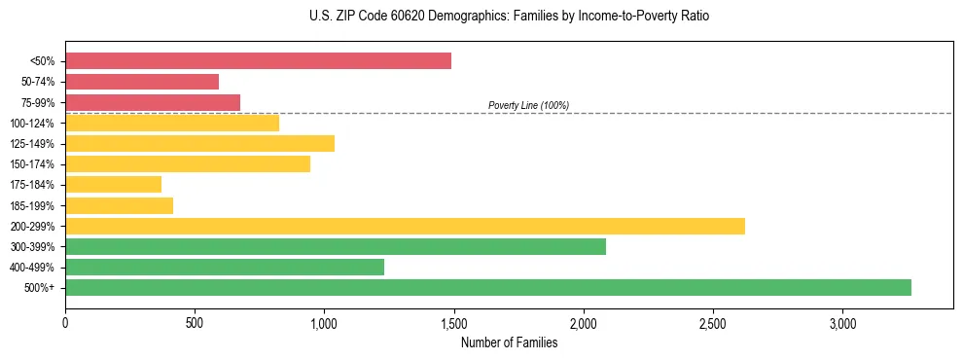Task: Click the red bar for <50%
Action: pos(258,61)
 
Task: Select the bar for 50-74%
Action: pos(142,82)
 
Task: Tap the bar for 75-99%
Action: pos(153,102)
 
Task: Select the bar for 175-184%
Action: pos(113,185)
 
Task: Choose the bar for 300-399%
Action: pos(336,246)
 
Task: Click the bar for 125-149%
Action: pos(199,143)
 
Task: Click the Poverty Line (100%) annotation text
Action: pos(528,105)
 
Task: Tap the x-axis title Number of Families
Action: pos(509,342)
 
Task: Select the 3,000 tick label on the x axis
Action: pos(842,323)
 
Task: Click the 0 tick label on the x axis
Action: pos(65,323)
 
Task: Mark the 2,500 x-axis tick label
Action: pos(713,323)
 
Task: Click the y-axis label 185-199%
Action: pos(33,205)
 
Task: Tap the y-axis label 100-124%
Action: pos(33,123)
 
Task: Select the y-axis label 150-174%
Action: pos(33,164)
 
